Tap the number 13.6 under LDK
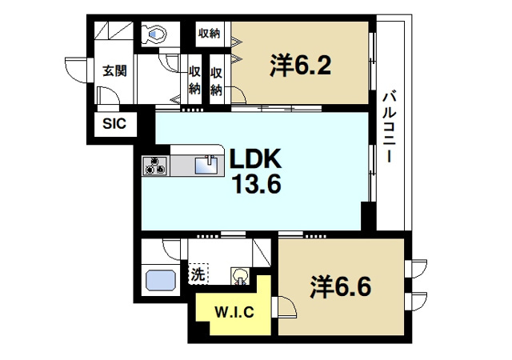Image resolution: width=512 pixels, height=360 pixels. pos(256,186)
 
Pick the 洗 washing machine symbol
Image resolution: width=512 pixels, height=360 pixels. pos(198,274)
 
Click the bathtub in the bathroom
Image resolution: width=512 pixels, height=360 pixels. pos(160,282)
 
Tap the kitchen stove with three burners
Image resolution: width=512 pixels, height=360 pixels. pos(155,166)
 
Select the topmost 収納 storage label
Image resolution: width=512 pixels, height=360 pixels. pos(209,33)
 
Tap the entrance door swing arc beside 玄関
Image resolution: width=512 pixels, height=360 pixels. pos(76,74)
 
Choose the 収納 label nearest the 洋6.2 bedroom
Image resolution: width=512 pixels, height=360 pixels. pos(216,80)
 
